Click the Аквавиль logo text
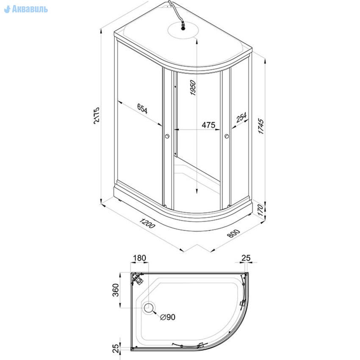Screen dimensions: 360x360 click(x=26, y=9)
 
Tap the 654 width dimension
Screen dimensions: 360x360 click(x=142, y=109)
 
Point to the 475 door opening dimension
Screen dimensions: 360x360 click(x=208, y=125)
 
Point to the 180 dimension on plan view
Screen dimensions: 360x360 click(x=139, y=258)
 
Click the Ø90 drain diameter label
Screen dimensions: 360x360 click(x=168, y=317)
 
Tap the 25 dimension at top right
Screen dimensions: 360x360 click(x=246, y=258)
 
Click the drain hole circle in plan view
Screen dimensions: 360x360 click(x=149, y=308)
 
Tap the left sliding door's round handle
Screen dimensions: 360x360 click(x=167, y=136)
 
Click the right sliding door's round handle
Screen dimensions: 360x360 click(x=227, y=136)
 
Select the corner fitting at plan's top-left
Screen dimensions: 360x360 click(x=137, y=278)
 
